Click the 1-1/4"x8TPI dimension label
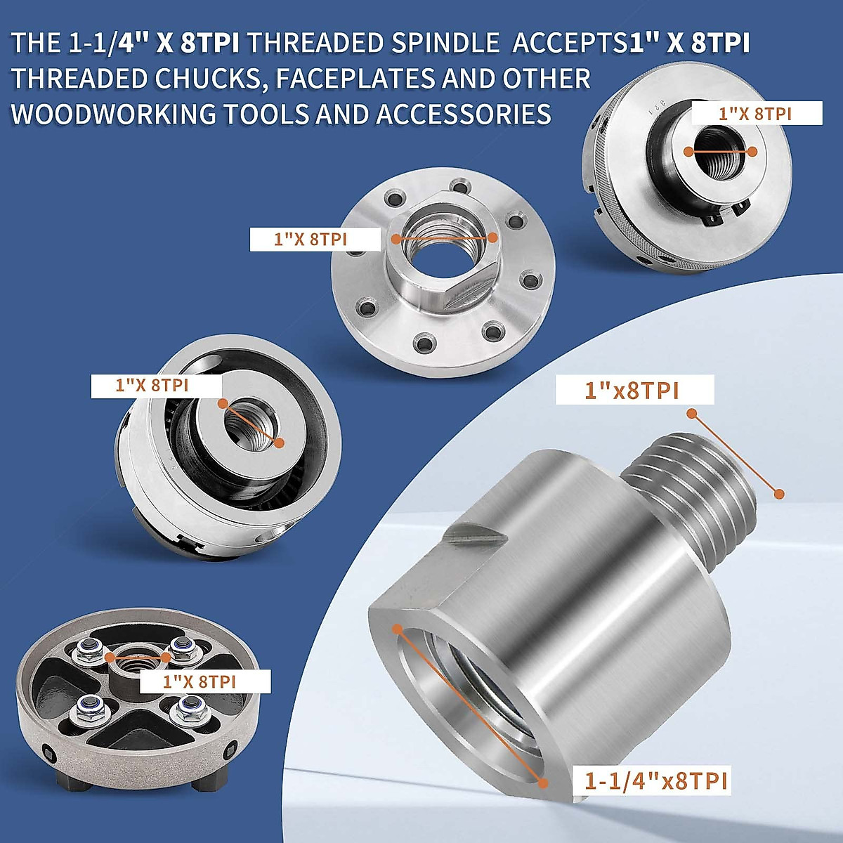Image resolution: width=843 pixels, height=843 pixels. [x=656, y=780]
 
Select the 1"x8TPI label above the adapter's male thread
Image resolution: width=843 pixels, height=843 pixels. [x=632, y=390]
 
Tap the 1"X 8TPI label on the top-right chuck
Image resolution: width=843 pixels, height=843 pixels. [x=755, y=114]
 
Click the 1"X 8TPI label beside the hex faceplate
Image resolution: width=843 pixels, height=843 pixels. [x=311, y=240]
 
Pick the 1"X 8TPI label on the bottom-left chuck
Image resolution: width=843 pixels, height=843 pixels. [x=200, y=681]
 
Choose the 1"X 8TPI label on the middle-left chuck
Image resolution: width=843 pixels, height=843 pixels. [x=152, y=385]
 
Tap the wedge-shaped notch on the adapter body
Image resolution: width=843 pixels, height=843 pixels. [x=478, y=535]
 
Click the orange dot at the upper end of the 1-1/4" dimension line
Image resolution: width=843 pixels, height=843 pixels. [x=398, y=628]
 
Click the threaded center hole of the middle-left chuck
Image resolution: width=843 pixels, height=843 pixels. [x=250, y=423]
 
